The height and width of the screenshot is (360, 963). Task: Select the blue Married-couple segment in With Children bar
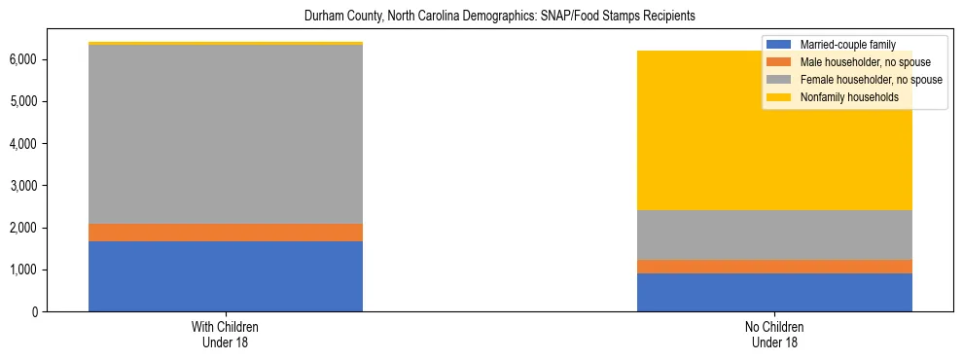point(226,276)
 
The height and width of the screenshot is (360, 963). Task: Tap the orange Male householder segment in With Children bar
point(226,233)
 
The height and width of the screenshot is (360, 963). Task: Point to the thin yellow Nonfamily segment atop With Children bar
point(226,44)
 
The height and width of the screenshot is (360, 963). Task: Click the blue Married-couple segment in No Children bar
point(774,292)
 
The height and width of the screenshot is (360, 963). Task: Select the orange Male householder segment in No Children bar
point(774,267)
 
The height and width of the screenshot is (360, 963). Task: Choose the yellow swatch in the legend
point(779,97)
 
